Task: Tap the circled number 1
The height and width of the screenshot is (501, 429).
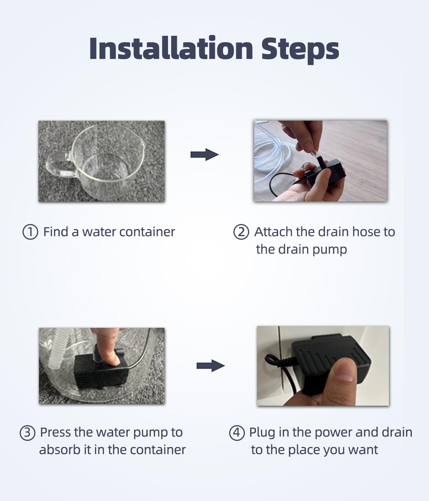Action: click(x=30, y=232)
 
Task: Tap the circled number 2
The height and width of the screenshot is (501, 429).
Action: click(x=241, y=232)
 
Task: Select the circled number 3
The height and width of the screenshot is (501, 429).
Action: click(x=27, y=433)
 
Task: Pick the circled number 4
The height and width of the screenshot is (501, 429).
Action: click(x=237, y=433)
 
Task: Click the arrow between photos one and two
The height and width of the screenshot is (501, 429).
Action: click(x=204, y=155)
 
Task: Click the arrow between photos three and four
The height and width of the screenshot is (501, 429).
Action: click(x=210, y=366)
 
